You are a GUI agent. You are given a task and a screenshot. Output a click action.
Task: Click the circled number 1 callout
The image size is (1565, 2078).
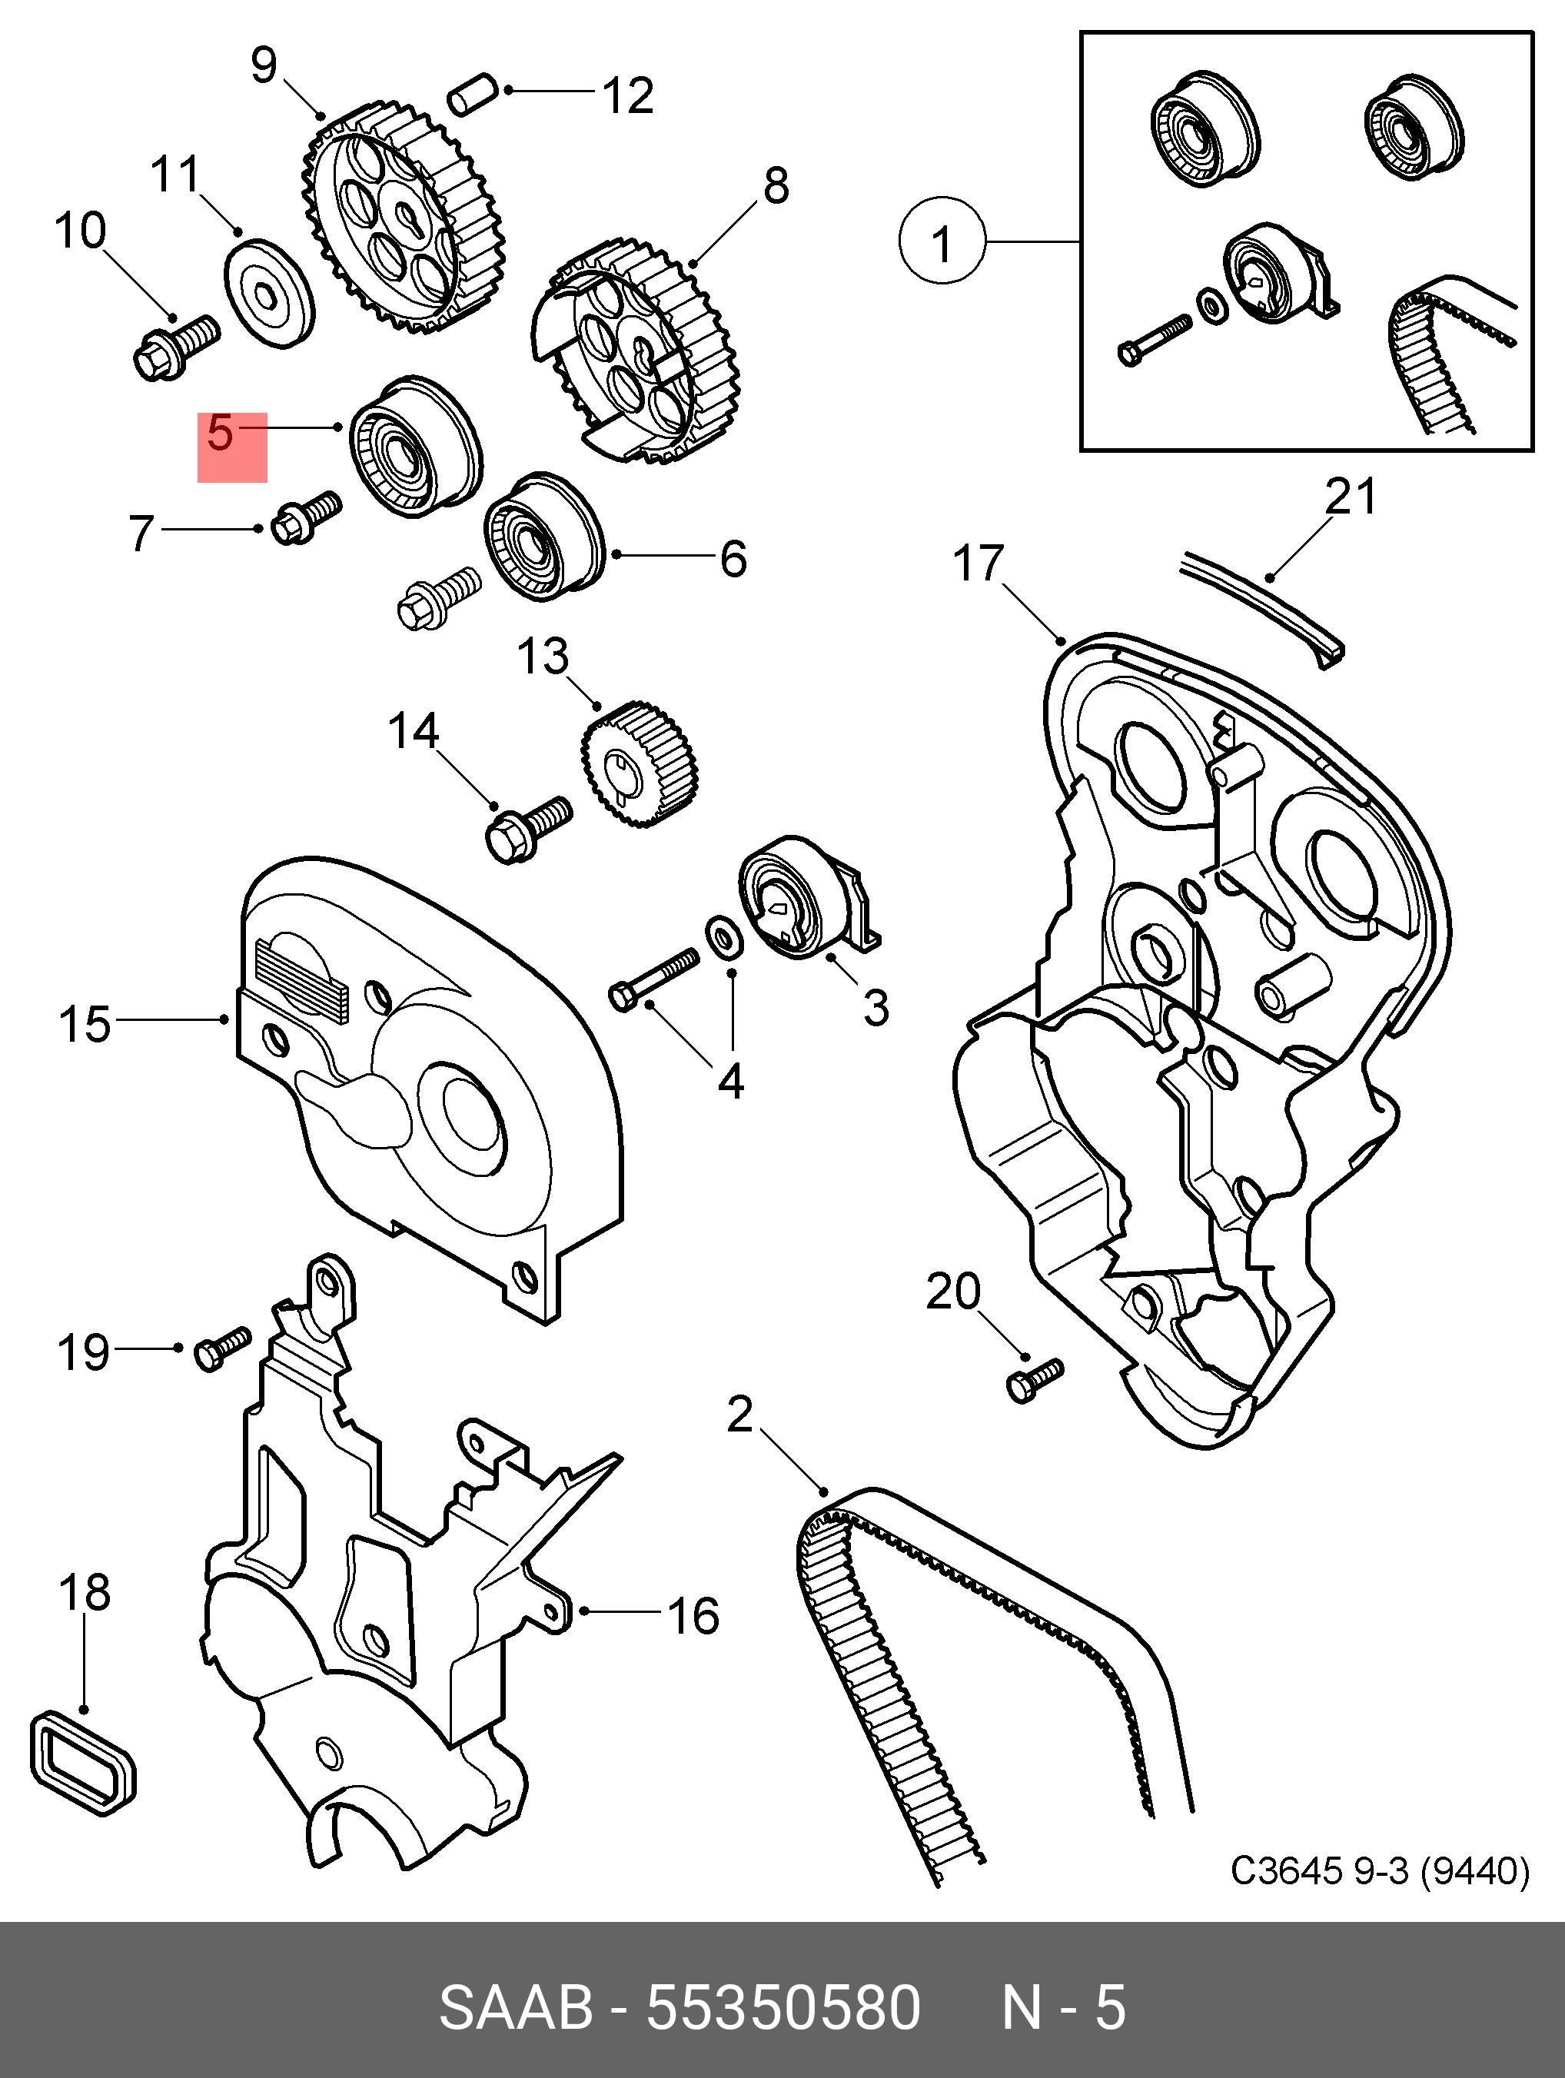coord(942,240)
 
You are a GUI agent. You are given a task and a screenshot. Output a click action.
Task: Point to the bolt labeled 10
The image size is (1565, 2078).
coord(177,347)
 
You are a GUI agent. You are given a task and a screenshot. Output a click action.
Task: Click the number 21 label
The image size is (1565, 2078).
coord(1350,497)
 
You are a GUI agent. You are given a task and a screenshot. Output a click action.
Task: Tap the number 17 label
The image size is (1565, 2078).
coord(978,564)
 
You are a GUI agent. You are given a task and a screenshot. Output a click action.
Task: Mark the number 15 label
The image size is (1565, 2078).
coord(85,1024)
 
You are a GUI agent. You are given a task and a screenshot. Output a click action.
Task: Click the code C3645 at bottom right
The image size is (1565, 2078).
coord(1286,1872)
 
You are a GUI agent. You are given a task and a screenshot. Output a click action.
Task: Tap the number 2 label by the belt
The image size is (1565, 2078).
coord(740,1415)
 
